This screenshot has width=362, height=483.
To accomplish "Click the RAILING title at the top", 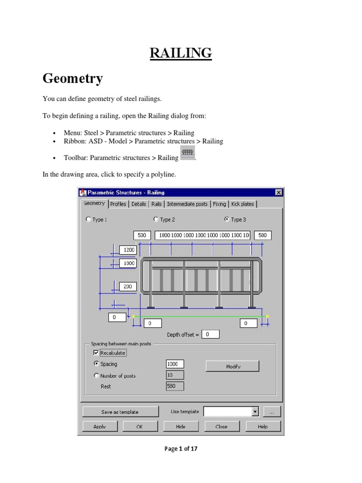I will click(181, 53).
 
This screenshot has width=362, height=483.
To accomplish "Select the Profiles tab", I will click(118, 204).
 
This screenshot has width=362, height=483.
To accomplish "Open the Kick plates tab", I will click(242, 204).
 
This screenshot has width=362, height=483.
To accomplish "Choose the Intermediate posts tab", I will click(187, 204).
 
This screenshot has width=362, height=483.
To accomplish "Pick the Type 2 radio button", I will click(156, 219).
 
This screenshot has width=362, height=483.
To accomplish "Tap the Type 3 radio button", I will click(227, 219).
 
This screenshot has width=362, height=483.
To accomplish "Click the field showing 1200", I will click(128, 250).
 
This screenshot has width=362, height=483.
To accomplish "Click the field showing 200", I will click(128, 286).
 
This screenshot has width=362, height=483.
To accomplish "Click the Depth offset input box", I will click(211, 334).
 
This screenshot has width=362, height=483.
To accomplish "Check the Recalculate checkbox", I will click(96, 353).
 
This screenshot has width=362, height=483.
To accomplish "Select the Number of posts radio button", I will click(97, 376).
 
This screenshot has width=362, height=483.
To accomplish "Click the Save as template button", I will click(120, 412).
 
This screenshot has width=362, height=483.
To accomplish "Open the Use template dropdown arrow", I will click(255, 412).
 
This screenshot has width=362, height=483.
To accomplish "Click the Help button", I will click(263, 426).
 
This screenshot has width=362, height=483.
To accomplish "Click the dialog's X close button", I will click(279, 192).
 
